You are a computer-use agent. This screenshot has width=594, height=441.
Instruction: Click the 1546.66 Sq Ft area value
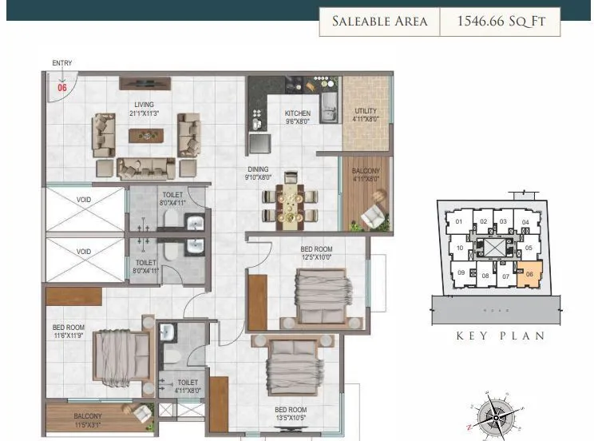pyautogui.click(x=501, y=22)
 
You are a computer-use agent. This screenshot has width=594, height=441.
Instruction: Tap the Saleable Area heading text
pyautogui.click(x=380, y=22)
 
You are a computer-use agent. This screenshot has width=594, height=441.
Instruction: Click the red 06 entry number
pyautogui.click(x=62, y=88)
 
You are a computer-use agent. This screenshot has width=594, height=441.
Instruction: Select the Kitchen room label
pyautogui.click(x=298, y=113)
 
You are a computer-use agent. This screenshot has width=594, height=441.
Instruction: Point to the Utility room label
pyautogui.click(x=366, y=111)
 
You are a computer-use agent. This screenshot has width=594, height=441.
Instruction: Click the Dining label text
pyautogui.click(x=259, y=169)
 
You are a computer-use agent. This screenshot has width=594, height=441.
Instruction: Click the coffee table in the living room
pyautogui.click(x=145, y=136)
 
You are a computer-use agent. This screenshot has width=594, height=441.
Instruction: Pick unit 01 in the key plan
pyautogui.click(x=458, y=222)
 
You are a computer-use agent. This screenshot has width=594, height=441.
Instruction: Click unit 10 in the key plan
pyautogui.click(x=461, y=248)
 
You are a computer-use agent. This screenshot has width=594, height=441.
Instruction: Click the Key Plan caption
pyautogui.click(x=501, y=336)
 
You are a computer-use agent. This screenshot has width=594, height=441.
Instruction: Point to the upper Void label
pyautogui.click(x=84, y=200)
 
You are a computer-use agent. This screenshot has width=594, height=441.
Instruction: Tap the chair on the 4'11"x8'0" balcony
pyautogui.click(x=373, y=216)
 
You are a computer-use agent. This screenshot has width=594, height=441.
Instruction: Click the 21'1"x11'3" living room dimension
pyautogui.click(x=144, y=113)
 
